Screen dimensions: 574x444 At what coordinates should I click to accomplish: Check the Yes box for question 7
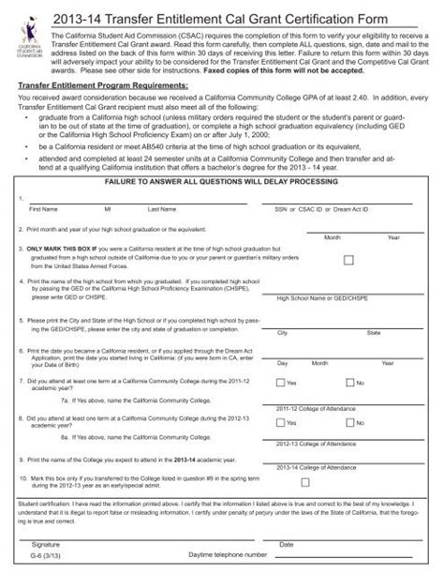tap(280, 383)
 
